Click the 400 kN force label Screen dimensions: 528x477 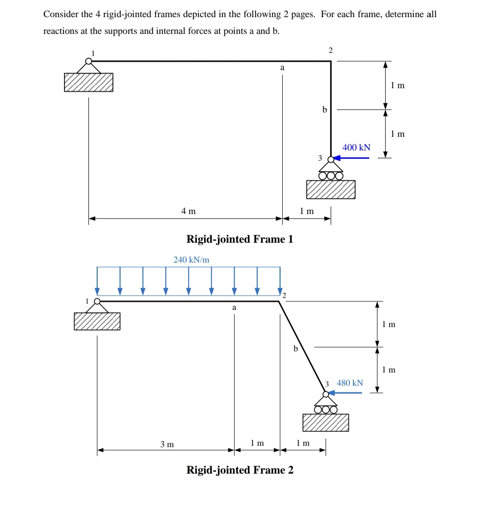[356, 147]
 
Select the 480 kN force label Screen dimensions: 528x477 [350, 383]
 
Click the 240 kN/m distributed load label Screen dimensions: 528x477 [191, 260]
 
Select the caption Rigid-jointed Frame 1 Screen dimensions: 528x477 [240, 239]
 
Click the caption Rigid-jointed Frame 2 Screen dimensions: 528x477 [240, 470]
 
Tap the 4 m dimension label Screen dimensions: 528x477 [189, 211]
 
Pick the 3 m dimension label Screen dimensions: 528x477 [167, 444]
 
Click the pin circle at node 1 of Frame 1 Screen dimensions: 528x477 [89, 61]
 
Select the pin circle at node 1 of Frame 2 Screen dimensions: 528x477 [97, 302]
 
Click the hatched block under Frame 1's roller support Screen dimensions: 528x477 [331, 189]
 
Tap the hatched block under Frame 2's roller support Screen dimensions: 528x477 [326, 422]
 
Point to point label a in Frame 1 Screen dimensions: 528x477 [282, 68]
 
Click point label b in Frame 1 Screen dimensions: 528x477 [325, 109]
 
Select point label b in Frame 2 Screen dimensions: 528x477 [295, 349]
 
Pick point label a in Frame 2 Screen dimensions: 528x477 [234, 307]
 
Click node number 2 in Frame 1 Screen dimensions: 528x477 [330, 50]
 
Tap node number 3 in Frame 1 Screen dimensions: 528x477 [320, 158]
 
